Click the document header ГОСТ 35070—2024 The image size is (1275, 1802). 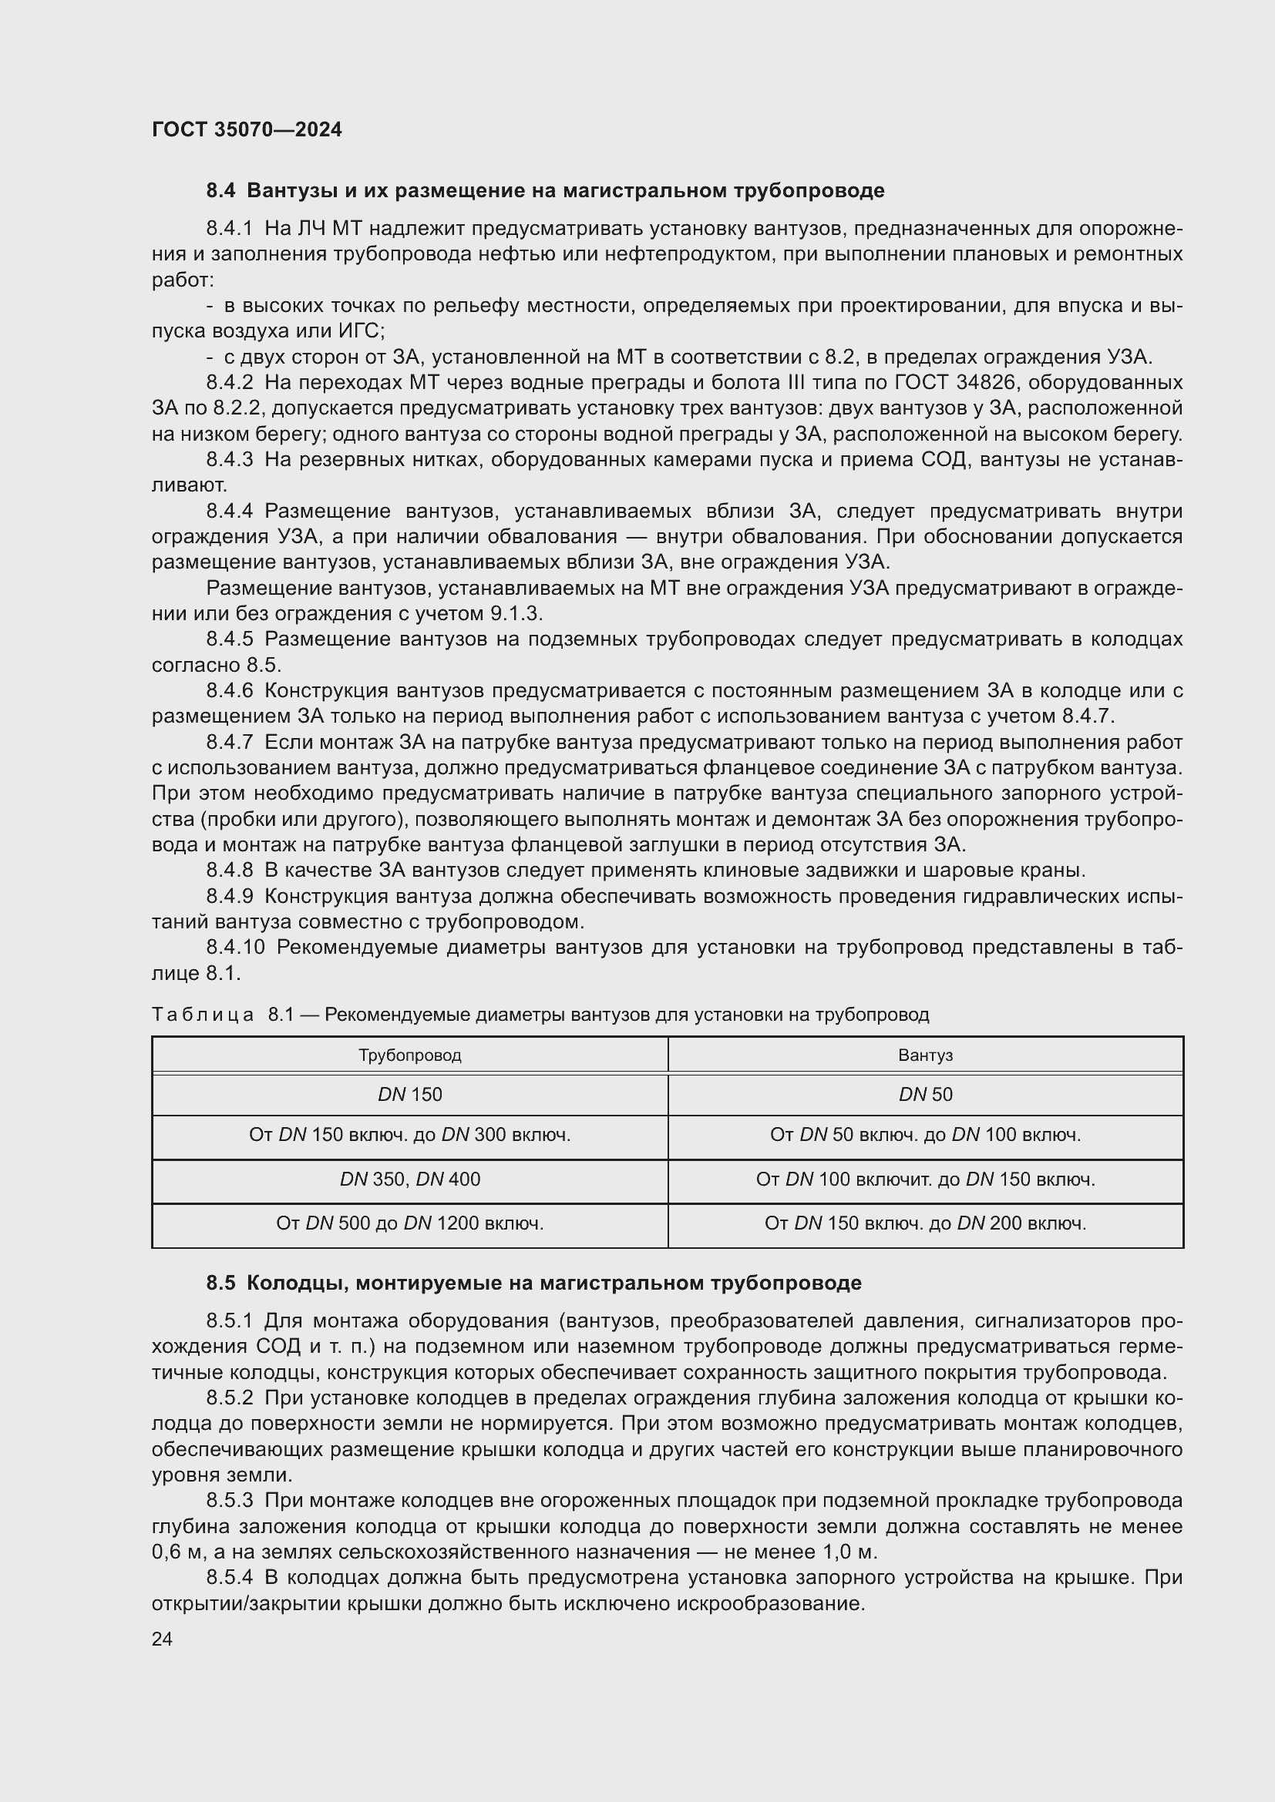(x=247, y=129)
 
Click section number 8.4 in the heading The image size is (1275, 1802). (x=220, y=191)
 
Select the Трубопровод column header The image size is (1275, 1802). (x=410, y=1055)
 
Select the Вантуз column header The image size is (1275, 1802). (x=925, y=1055)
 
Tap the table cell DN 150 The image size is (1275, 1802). (x=410, y=1094)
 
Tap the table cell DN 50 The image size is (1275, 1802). (x=925, y=1094)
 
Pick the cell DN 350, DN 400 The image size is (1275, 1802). (x=410, y=1179)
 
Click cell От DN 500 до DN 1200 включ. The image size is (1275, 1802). (x=410, y=1223)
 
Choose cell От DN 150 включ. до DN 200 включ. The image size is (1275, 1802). (x=925, y=1223)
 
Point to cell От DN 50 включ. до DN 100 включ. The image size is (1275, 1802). (x=925, y=1135)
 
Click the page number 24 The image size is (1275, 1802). (x=162, y=1639)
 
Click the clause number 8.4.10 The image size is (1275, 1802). (x=236, y=948)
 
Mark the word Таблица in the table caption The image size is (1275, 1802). (x=203, y=1015)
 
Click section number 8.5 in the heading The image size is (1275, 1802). (x=220, y=1284)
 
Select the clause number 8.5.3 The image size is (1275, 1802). (x=229, y=1501)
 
